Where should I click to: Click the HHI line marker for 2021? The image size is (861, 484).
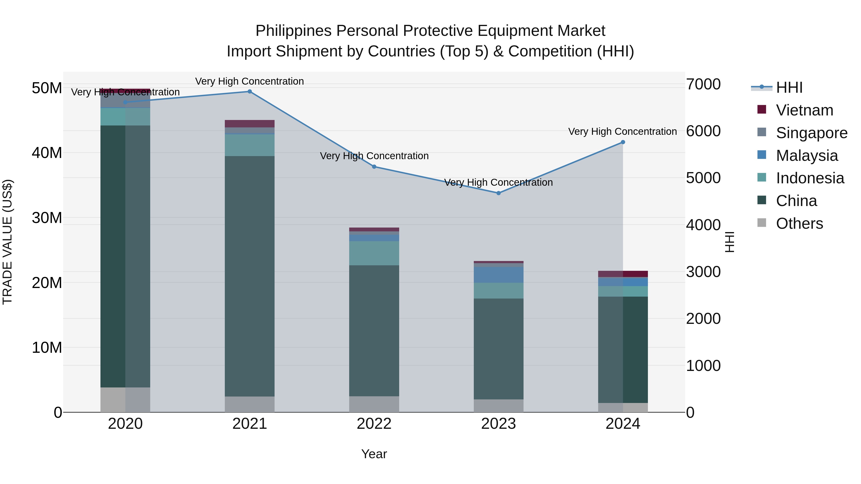[249, 92]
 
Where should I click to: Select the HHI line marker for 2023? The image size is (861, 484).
[498, 193]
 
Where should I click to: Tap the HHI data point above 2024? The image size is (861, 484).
[623, 142]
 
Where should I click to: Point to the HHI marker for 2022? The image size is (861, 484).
[374, 167]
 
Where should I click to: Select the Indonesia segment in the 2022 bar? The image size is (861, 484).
[374, 253]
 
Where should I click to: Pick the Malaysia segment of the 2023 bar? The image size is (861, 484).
[498, 275]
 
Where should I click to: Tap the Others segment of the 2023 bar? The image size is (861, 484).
[498, 406]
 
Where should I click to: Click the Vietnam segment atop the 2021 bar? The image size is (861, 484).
[249, 124]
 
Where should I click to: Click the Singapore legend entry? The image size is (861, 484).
[811, 133]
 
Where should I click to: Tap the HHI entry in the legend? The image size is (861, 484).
[789, 87]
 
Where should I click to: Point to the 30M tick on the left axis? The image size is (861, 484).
[47, 218]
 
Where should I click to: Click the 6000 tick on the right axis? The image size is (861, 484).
[703, 131]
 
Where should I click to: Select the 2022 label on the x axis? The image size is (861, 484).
[374, 424]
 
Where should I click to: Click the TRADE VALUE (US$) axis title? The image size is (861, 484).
[7, 242]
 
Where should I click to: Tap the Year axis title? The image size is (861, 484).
[374, 454]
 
